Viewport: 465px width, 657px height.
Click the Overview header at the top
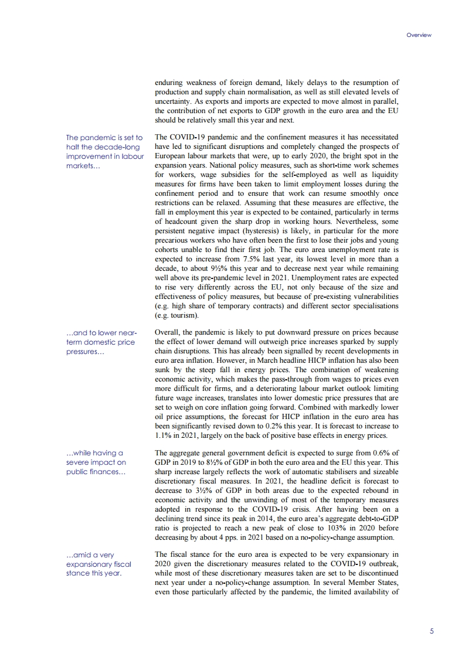click(419, 35)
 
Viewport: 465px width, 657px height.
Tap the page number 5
click(431, 631)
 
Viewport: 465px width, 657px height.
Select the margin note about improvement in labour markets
click(105, 152)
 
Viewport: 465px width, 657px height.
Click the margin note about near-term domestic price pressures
click(101, 342)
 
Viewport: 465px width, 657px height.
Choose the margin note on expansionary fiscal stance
click(98, 564)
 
